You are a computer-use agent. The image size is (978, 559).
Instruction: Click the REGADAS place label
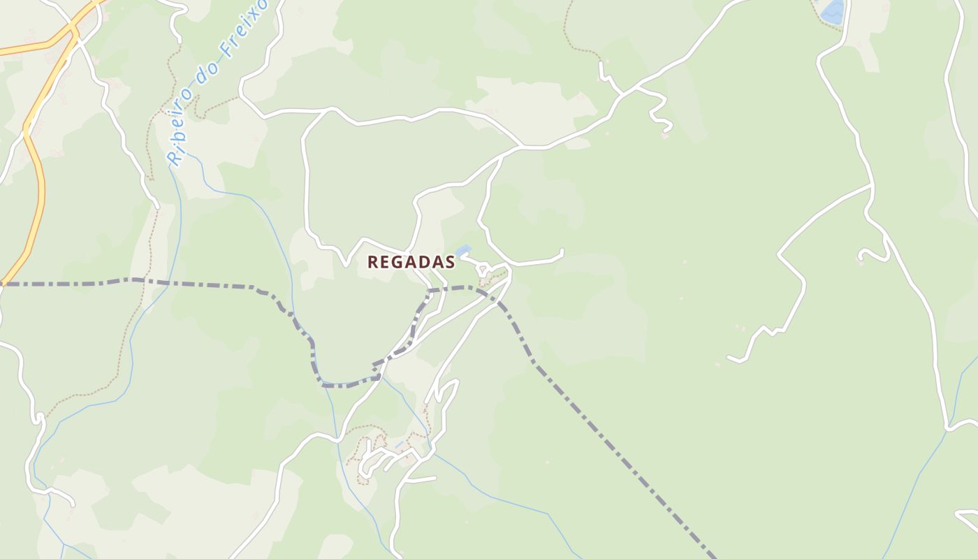tap(411, 262)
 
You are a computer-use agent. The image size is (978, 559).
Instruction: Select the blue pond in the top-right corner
tap(833, 12)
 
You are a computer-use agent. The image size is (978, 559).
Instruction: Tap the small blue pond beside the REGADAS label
tap(462, 249)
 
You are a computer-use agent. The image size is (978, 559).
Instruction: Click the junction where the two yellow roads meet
tap(72, 31)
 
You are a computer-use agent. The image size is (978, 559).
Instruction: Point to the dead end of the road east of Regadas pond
tap(562, 251)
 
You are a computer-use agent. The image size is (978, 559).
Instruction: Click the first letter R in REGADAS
tap(373, 262)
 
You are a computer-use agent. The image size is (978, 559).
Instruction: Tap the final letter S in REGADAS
tap(450, 262)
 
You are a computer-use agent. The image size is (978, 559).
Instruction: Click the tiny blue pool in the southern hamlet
tap(399, 444)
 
